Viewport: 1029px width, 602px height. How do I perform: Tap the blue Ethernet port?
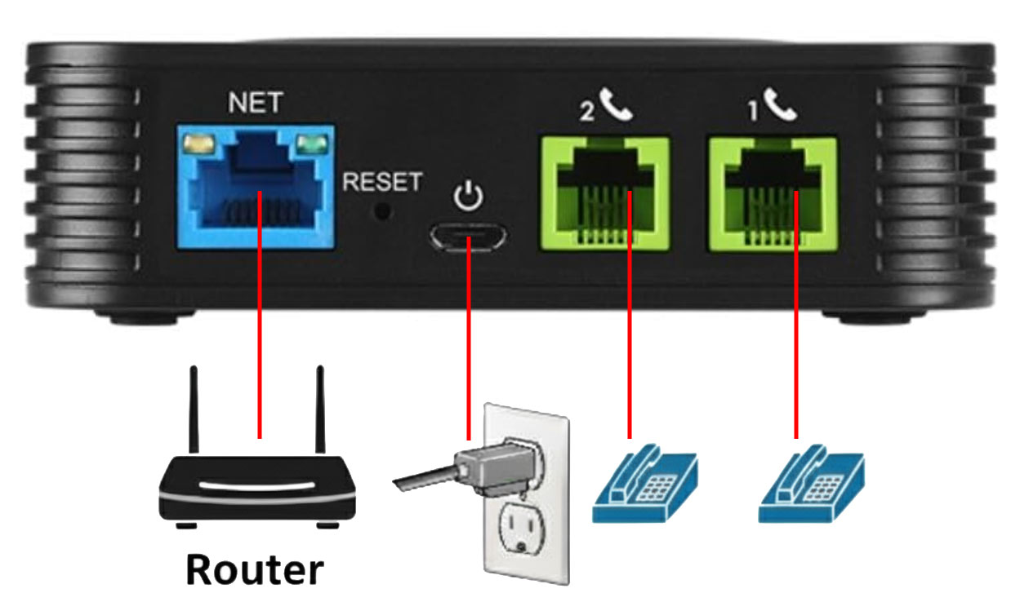256,187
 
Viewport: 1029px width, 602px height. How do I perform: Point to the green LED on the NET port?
311,146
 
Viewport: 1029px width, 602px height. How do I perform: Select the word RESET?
382,182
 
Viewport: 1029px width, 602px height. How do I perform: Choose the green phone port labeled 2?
604,194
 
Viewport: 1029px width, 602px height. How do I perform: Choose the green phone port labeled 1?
772,194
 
